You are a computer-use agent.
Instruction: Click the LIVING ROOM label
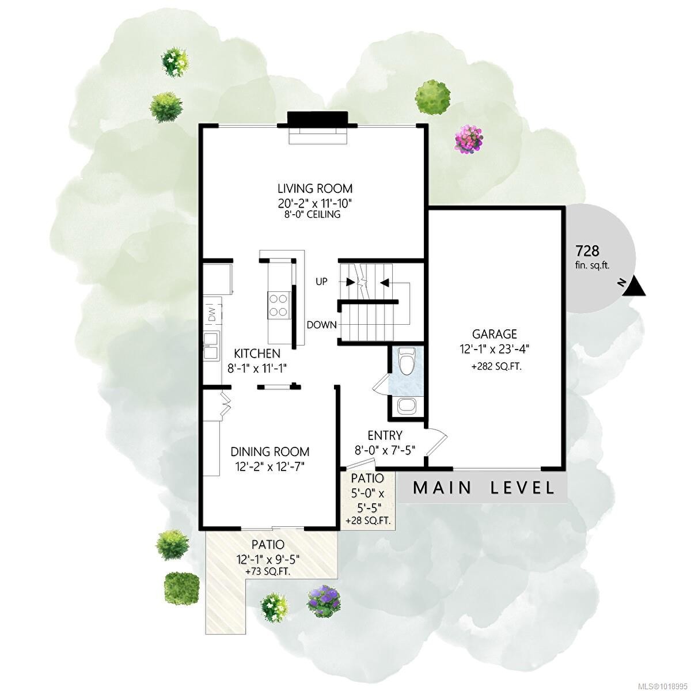[x=315, y=188]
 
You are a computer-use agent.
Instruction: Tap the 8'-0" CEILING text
[x=315, y=214]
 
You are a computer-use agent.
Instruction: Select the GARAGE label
[x=495, y=334]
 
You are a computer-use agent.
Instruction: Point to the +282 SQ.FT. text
[x=496, y=366]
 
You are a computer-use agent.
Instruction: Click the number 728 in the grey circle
[x=587, y=250]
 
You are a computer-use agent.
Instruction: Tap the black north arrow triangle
[x=635, y=286]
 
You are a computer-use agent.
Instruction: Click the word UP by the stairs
[x=321, y=282]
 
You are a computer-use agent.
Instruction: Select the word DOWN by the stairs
[x=321, y=325]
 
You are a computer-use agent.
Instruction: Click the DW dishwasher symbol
[x=211, y=314]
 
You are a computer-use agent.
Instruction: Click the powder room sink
[x=407, y=405]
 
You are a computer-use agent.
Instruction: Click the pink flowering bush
[x=468, y=139]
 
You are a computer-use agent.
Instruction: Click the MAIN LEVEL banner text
[x=484, y=488]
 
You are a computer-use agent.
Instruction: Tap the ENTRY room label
[x=385, y=435]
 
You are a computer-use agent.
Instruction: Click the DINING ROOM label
[x=270, y=452]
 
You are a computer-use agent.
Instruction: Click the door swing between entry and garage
[x=436, y=442]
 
